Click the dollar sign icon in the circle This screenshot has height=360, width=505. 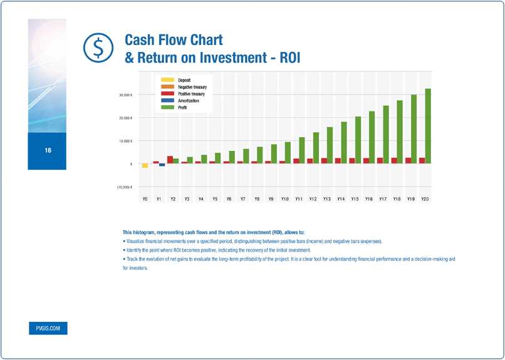96,48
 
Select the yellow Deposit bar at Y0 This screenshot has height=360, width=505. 145,165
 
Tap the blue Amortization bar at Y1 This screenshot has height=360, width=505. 162,165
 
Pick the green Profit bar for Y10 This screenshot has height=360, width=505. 288,152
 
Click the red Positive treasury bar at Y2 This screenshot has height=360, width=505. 170,160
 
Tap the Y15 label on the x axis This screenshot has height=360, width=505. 355,199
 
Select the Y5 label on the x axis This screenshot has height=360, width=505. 215,199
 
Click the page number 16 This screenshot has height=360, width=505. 48,151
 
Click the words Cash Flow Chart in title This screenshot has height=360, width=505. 174,40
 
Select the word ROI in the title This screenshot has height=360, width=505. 288,58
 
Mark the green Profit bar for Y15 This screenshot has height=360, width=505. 358,140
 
